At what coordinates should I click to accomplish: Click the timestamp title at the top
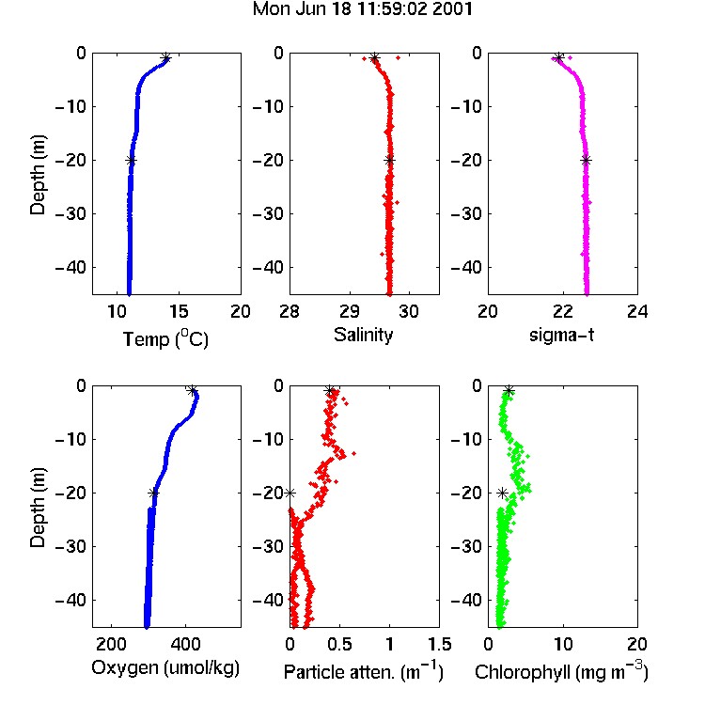363,9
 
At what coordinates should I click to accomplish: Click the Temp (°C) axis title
165,338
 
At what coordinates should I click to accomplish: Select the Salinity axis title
363,335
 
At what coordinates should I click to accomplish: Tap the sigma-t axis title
561,335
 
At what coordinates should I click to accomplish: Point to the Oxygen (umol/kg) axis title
165,668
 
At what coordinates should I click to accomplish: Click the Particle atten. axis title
364,671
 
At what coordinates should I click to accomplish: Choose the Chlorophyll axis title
561,671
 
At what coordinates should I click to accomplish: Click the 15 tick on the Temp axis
179,311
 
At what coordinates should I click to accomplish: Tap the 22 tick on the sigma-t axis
563,311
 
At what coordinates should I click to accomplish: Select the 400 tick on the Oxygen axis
185,644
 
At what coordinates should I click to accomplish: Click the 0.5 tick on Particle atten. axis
339,644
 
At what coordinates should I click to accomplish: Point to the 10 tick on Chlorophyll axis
563,644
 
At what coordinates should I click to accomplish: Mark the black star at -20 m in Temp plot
131,160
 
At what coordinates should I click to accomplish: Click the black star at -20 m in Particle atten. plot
290,493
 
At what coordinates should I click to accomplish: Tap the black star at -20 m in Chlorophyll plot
502,493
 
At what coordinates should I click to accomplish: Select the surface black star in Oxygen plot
193,391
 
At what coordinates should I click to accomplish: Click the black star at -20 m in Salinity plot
390,160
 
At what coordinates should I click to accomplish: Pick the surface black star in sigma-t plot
558,58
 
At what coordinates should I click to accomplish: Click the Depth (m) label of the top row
38,175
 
